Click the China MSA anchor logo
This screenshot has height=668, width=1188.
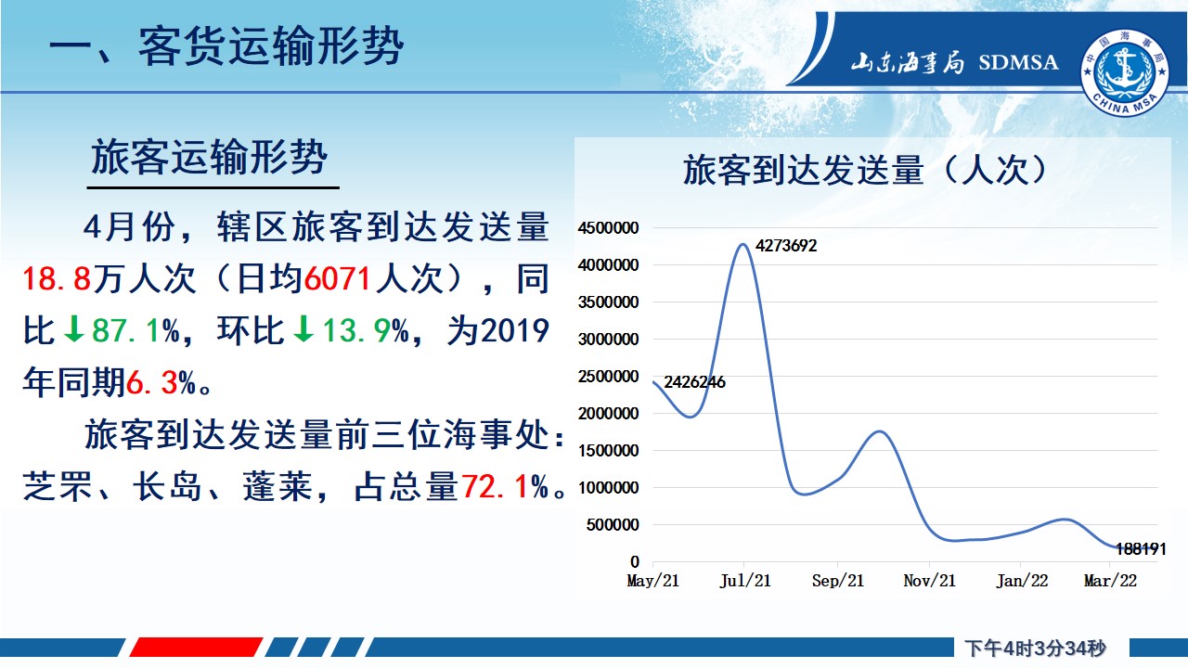point(1125,72)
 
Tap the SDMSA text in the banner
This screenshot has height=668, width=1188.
point(1018,62)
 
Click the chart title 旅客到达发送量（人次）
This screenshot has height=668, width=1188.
point(867,170)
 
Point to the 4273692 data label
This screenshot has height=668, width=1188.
point(786,246)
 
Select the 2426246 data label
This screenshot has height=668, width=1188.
point(694,381)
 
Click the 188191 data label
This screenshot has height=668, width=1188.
point(1141,548)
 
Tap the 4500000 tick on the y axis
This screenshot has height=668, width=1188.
point(608,228)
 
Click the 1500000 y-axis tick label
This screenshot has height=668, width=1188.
point(608,451)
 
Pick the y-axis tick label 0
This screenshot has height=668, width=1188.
point(635,561)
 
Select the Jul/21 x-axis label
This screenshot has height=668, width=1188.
point(744,581)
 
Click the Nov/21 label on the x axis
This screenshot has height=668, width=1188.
point(929,581)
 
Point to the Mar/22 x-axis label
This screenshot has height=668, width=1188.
point(1111,581)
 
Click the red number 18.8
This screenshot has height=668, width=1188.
point(57,279)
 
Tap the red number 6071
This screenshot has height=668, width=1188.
point(337,279)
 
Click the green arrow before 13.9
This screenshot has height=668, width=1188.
point(303,329)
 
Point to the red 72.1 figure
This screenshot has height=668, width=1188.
point(495,487)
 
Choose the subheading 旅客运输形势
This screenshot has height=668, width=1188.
point(210,158)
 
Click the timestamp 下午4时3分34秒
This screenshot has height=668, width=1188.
point(1035,648)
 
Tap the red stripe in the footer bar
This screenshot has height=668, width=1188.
point(196,648)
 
